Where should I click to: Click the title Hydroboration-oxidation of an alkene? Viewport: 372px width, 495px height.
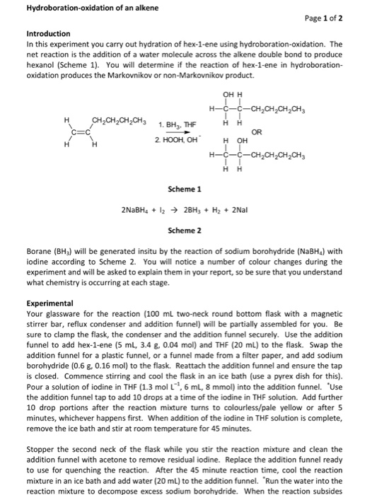click(82, 8)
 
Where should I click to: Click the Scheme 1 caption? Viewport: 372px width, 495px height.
click(185, 189)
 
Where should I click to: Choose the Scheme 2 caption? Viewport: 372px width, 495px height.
click(185, 230)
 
